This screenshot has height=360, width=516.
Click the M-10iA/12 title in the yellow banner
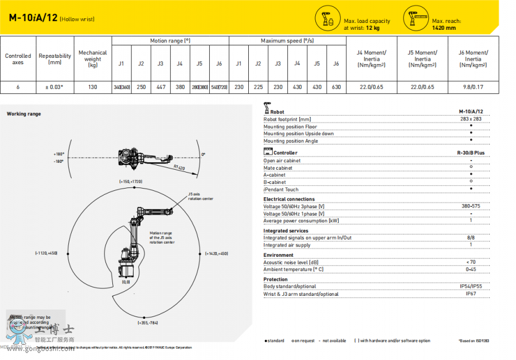click(x=33, y=17)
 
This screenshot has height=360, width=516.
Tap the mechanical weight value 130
click(x=92, y=87)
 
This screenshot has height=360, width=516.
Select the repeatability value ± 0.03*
click(x=54, y=87)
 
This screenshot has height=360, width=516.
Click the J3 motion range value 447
click(x=161, y=87)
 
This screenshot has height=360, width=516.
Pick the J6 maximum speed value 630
click(x=336, y=87)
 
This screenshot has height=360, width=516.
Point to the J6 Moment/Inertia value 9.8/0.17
click(x=473, y=87)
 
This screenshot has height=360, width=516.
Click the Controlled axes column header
click(x=18, y=59)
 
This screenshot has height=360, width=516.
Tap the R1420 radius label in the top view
click(x=180, y=167)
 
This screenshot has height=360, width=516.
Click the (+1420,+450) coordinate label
click(x=217, y=253)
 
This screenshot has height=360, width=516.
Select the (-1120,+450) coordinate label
click(x=46, y=253)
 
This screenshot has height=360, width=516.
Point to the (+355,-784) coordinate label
click(x=147, y=323)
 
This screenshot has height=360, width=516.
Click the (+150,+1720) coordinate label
click(x=131, y=181)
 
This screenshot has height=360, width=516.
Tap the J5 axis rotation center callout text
click(x=200, y=197)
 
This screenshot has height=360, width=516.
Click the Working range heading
click(x=24, y=114)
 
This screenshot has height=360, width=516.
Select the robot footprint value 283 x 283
click(x=471, y=119)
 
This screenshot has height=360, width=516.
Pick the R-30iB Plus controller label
click(x=471, y=153)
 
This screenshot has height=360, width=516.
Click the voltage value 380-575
click(x=471, y=206)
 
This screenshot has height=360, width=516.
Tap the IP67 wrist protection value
click(x=471, y=294)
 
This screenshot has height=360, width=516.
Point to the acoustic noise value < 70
click(x=471, y=262)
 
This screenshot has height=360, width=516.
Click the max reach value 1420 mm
click(x=444, y=28)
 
